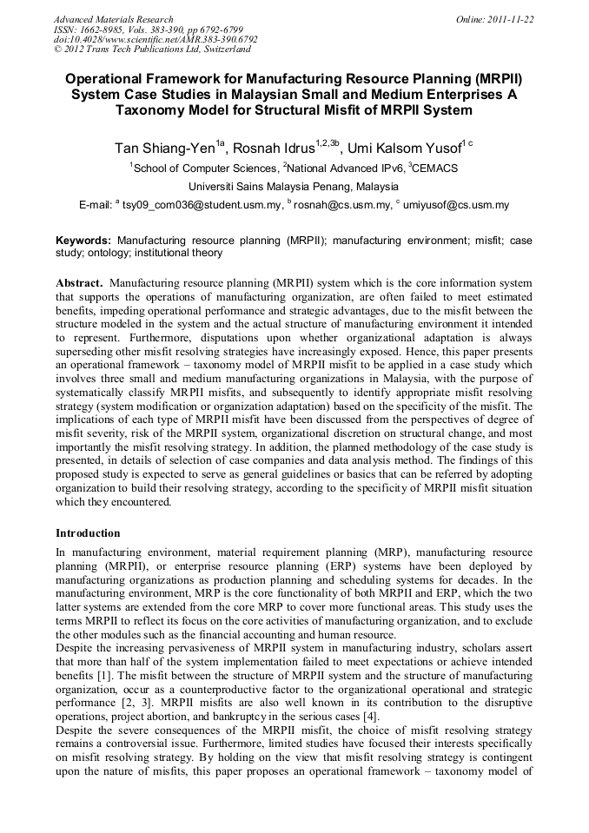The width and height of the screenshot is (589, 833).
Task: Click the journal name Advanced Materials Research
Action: pos(113,19)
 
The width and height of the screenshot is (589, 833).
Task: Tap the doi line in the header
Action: pos(155,40)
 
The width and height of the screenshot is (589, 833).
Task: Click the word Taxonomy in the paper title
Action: pos(155,110)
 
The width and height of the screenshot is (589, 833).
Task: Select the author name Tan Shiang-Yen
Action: pos(164,146)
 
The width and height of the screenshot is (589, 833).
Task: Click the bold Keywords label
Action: pos(83,240)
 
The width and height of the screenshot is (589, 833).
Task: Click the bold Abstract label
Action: pos(80,283)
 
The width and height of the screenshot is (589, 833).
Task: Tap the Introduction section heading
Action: pos(88,532)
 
